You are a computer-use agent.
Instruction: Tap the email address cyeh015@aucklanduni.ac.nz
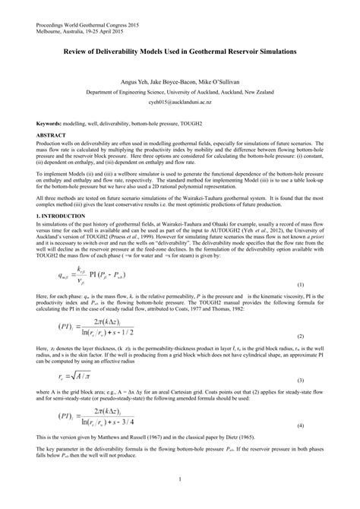point(180,101)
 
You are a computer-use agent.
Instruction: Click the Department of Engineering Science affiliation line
point(180,90)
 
